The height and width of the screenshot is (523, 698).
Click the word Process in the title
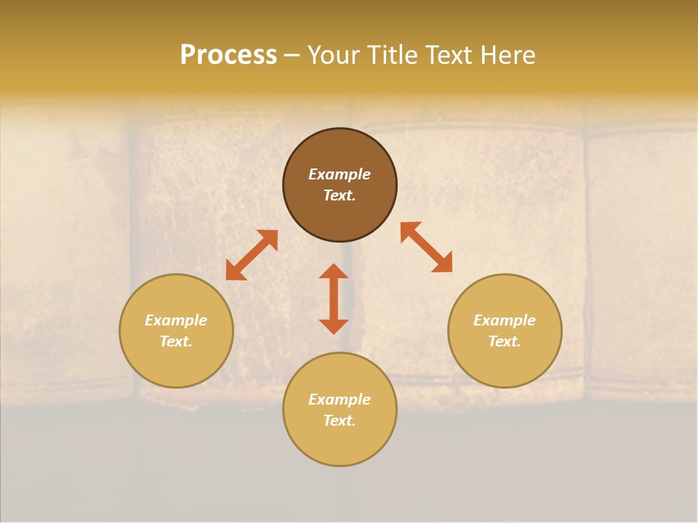(x=228, y=55)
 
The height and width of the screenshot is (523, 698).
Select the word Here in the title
(x=508, y=55)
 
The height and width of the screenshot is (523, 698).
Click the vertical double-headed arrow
(x=334, y=299)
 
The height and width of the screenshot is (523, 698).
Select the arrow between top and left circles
(x=252, y=255)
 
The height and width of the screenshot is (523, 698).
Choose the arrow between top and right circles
(x=427, y=248)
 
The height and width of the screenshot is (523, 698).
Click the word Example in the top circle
(x=340, y=174)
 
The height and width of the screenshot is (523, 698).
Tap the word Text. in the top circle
(x=340, y=195)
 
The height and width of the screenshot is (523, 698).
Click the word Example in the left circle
(x=176, y=320)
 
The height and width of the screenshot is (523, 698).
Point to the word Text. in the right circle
(x=505, y=341)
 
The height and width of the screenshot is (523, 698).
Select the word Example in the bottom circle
(x=340, y=400)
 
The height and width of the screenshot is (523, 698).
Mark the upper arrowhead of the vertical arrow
(x=334, y=271)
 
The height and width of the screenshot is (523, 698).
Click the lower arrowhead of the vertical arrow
(x=334, y=326)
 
